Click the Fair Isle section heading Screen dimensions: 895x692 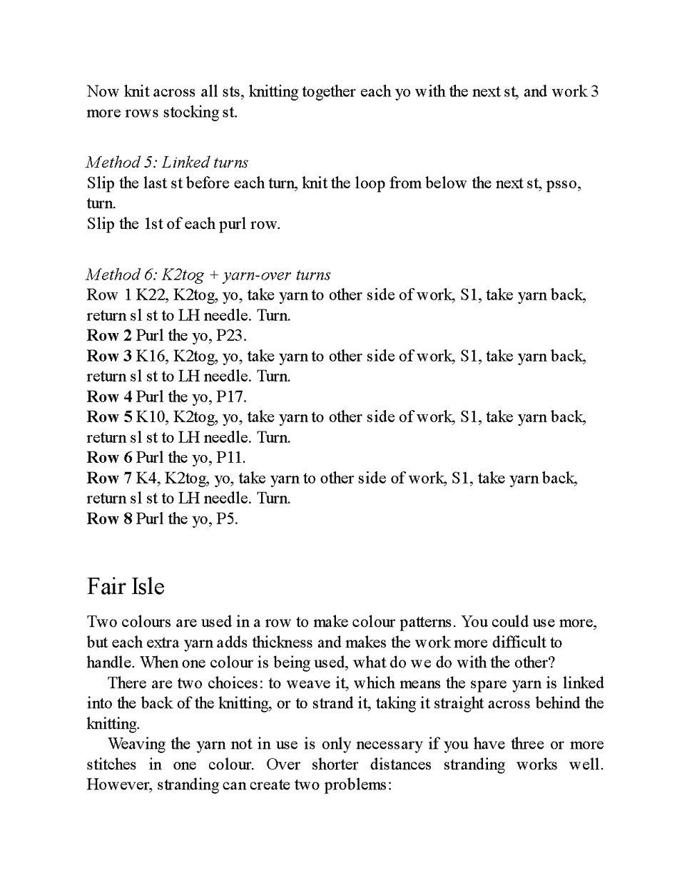tap(126, 587)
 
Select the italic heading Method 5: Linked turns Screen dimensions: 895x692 tap(167, 162)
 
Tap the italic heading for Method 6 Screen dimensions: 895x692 tap(208, 275)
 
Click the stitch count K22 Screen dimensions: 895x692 tap(149, 295)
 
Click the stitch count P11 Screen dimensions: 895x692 tap(230, 458)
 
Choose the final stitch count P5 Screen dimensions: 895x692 tap(227, 518)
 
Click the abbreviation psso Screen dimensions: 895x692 tap(563, 183)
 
